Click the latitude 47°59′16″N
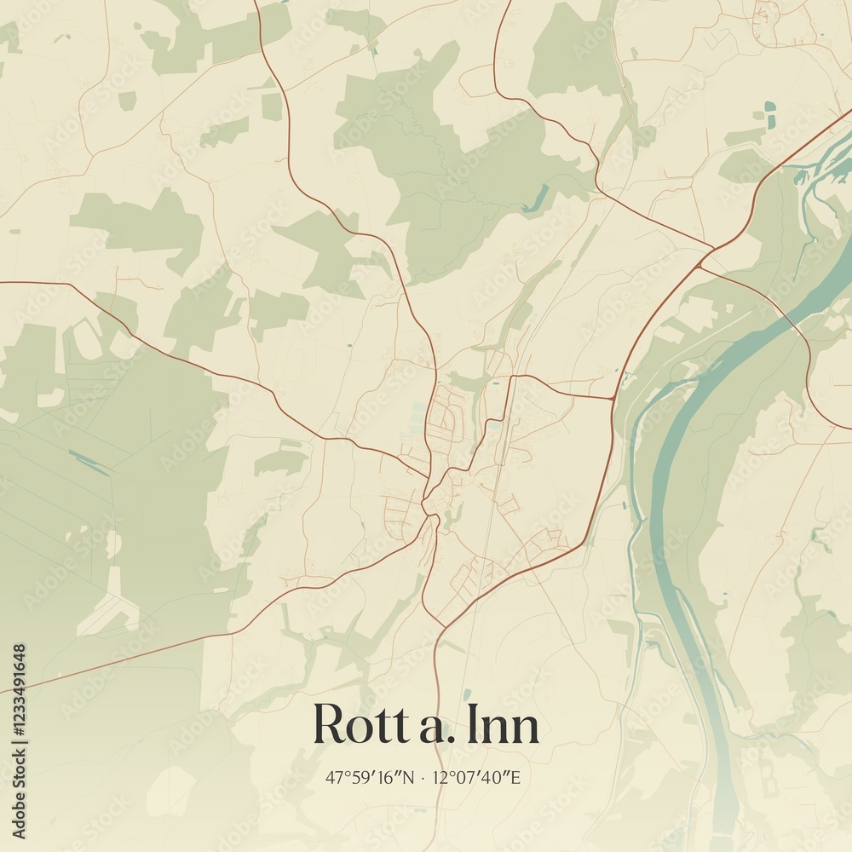point(370,777)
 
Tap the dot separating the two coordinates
point(424,777)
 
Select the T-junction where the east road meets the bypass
point(613,398)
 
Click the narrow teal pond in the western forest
point(89,463)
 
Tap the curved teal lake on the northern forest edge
point(537,201)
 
